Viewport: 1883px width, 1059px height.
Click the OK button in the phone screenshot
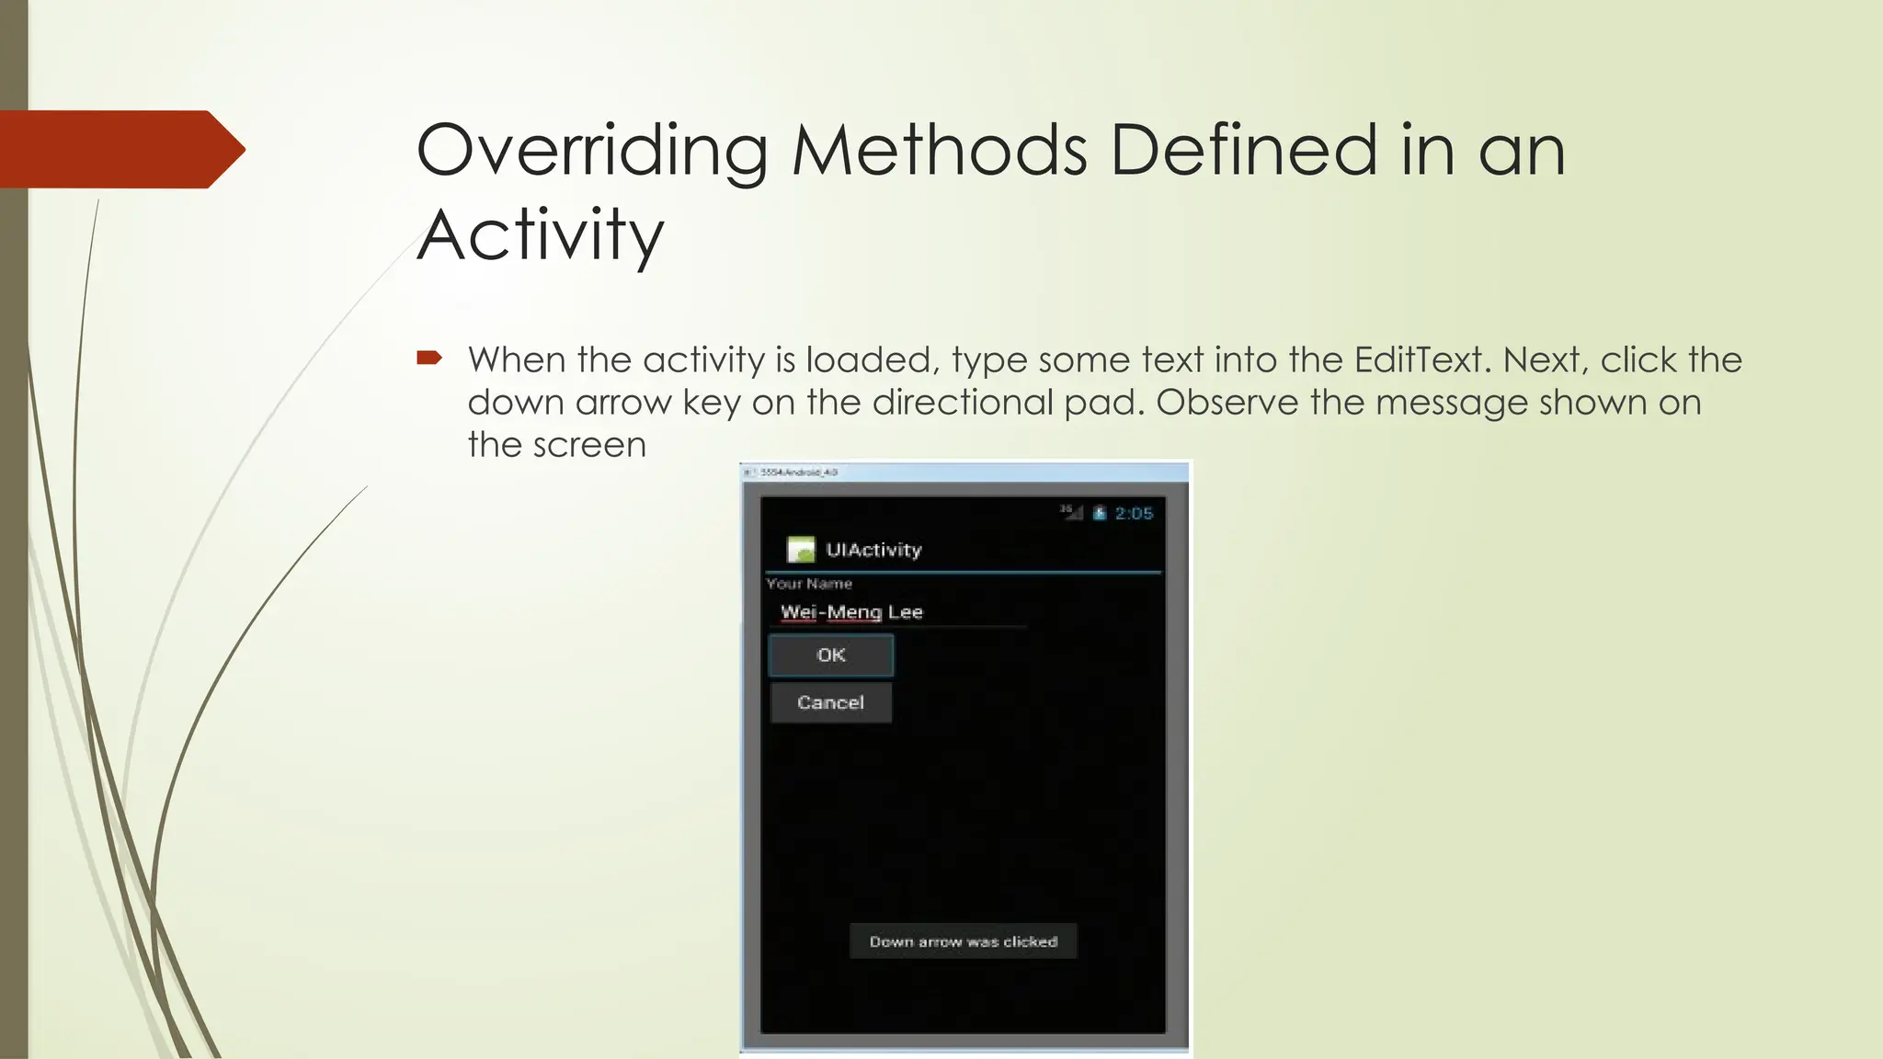pyautogui.click(x=830, y=655)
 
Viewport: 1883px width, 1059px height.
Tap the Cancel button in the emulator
pyautogui.click(x=830, y=703)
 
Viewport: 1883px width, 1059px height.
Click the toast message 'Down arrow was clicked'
pyautogui.click(x=963, y=941)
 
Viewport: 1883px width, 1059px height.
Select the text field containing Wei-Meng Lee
pyautogui.click(x=896, y=612)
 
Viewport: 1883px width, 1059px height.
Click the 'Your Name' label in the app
pyautogui.click(x=809, y=584)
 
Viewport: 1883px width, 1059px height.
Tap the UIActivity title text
pyautogui.click(x=873, y=550)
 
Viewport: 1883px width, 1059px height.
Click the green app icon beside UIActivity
pyautogui.click(x=801, y=550)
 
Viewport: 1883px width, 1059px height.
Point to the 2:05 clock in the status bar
pyautogui.click(x=1134, y=513)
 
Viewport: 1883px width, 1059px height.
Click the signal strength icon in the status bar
pyautogui.click(x=1072, y=512)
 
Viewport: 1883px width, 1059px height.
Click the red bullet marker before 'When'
pyautogui.click(x=429, y=358)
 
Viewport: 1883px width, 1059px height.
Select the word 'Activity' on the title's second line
pyautogui.click(x=541, y=235)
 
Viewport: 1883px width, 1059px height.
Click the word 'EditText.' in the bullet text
pyautogui.click(x=1421, y=359)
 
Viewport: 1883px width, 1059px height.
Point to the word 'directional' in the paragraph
pyautogui.click(x=963, y=403)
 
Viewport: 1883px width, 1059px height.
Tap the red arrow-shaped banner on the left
pyautogui.click(x=120, y=149)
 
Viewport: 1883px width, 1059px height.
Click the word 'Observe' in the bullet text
pyautogui.click(x=1227, y=403)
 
